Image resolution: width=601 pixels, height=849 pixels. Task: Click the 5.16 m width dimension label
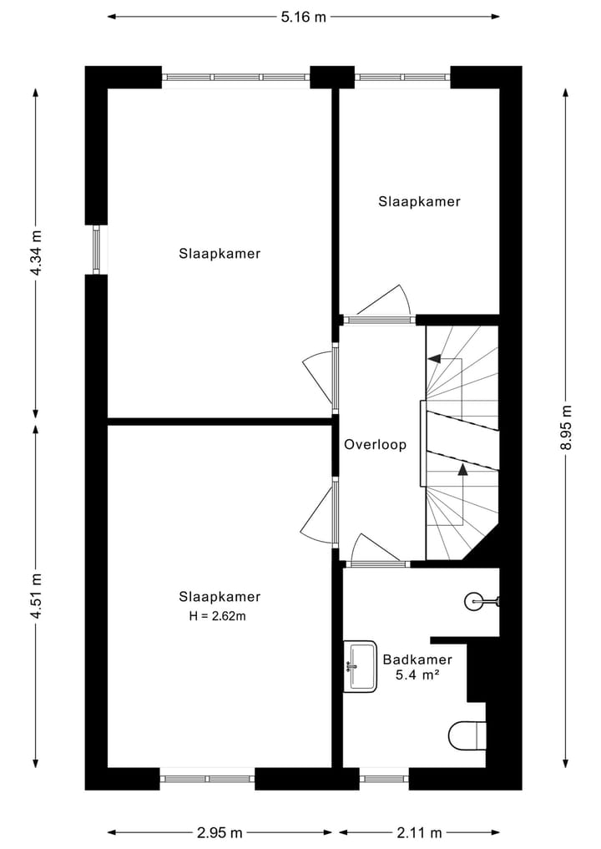point(303,17)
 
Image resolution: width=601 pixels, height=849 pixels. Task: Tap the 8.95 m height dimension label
point(566,427)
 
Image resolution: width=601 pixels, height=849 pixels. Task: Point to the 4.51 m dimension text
point(36,596)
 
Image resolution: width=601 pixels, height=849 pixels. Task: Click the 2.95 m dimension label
point(220,832)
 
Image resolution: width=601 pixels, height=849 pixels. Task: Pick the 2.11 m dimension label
point(419,832)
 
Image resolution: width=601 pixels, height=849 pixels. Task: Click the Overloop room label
point(376,444)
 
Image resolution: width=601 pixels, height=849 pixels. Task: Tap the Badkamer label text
point(417,659)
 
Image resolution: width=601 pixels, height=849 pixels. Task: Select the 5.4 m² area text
point(417,675)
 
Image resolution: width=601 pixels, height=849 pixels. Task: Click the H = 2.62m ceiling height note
point(218,615)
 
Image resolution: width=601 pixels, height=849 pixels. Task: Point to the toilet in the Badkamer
point(467,735)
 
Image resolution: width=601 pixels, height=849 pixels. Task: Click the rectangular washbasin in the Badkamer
point(360,666)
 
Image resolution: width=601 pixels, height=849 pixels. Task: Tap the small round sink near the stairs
point(482,600)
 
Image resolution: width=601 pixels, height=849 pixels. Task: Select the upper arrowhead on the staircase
point(434,358)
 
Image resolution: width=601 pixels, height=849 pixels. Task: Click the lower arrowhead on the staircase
point(462,469)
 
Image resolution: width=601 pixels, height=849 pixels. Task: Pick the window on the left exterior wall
point(96,250)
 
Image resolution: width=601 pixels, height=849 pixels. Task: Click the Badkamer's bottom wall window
point(384,779)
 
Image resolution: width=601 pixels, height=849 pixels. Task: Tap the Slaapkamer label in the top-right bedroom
point(419,201)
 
